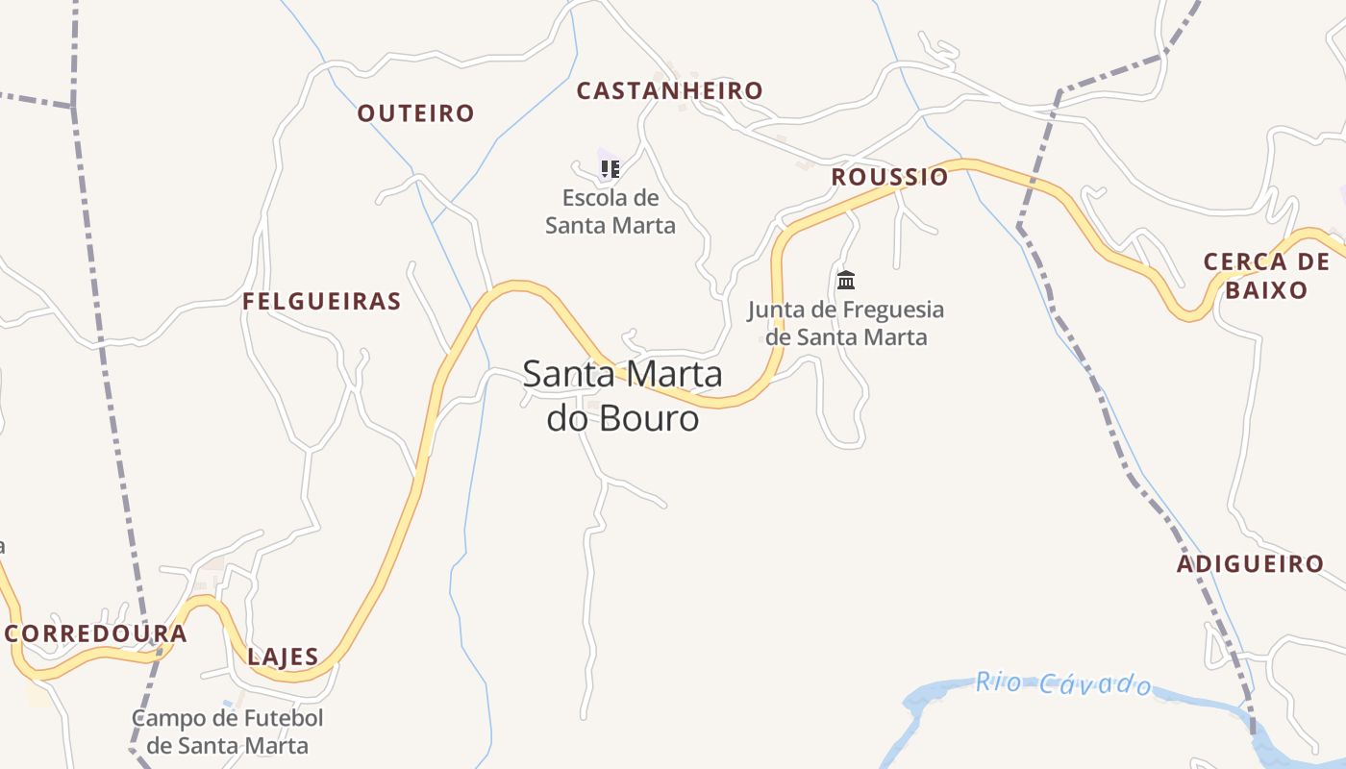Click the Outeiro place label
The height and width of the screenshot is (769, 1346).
[415, 113]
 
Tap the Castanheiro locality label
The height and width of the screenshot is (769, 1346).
[669, 91]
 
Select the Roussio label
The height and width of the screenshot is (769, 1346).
[889, 177]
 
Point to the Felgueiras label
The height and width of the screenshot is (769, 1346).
[321, 302]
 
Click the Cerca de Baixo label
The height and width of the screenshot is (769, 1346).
[1267, 276]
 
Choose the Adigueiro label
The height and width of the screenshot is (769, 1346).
[1250, 564]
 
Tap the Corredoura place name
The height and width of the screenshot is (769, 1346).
[96, 634]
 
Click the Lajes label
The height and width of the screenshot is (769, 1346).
[283, 657]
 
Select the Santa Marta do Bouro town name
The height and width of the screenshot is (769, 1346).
[622, 396]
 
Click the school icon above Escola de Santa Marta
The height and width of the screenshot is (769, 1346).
[610, 169]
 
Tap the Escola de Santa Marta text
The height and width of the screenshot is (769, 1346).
[611, 212]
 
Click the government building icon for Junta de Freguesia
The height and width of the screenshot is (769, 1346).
[846, 280]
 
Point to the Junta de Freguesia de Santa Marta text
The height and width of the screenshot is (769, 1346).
[846, 323]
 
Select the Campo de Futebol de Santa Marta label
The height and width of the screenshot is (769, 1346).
[228, 732]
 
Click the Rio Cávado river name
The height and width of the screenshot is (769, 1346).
[1063, 683]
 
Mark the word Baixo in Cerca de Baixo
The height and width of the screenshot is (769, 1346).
[1267, 290]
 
